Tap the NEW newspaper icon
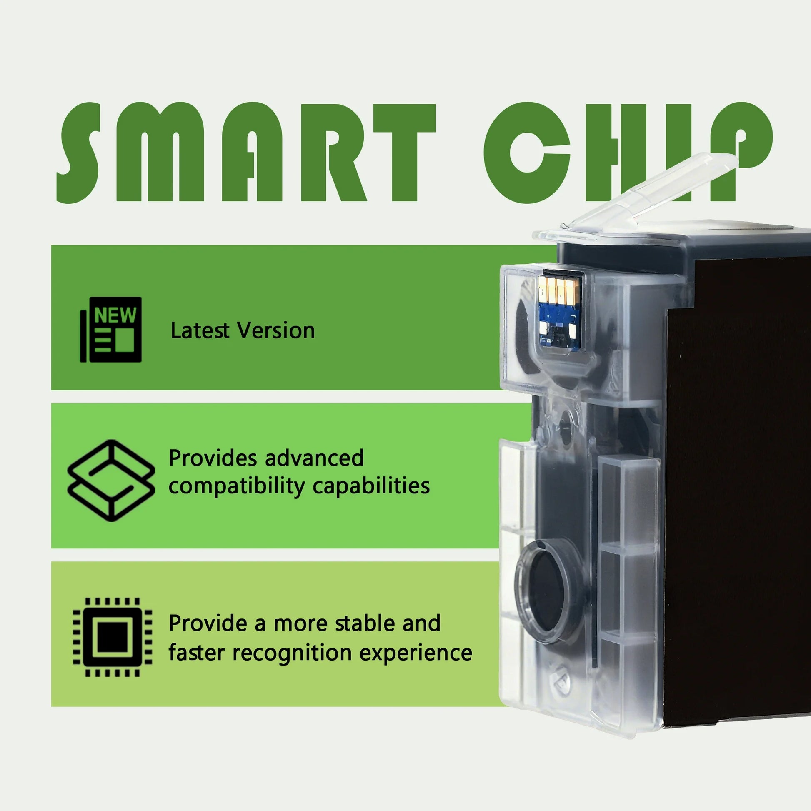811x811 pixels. [x=111, y=330]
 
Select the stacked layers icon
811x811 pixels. [x=111, y=481]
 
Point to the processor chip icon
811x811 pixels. [x=113, y=637]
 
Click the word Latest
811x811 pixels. [x=200, y=330]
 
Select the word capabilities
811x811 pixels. [x=371, y=486]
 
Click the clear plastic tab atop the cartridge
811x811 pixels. [x=655, y=191]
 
